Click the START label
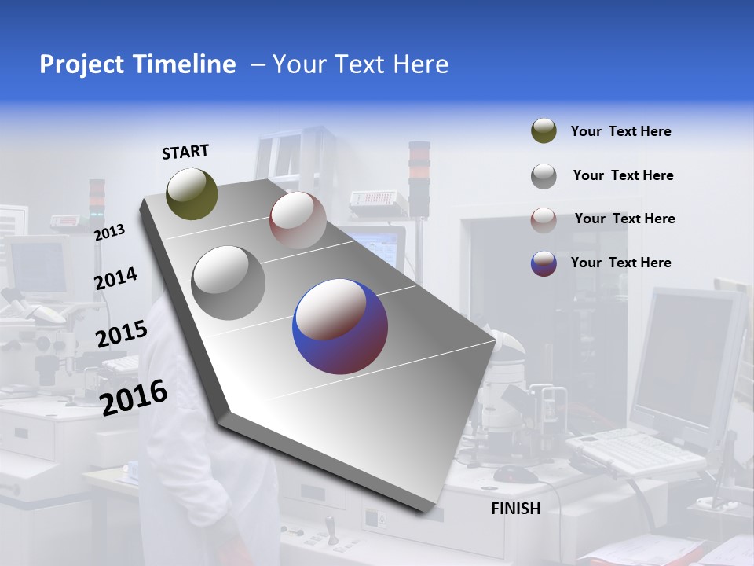point(185,152)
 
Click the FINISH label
point(515,509)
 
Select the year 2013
point(109,232)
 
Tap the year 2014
point(115,278)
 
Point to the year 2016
point(134,397)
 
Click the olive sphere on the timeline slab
point(192,193)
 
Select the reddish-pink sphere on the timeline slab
point(298,219)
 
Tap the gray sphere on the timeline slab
point(229,283)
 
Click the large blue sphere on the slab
point(340,326)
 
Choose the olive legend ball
point(544,131)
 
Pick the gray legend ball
point(544,176)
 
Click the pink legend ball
point(544,219)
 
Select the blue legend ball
point(544,263)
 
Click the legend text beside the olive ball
point(620,132)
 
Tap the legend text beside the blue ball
point(620,263)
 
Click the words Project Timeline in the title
point(137,64)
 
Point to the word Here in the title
point(420,64)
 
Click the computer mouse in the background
point(515,474)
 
